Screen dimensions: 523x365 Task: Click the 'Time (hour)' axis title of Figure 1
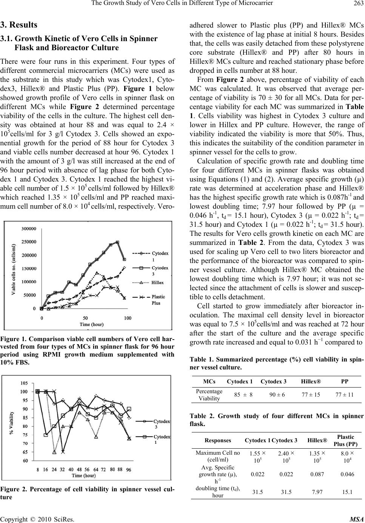tap(92, 324)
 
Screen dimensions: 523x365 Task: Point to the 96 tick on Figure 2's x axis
tap(129, 470)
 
